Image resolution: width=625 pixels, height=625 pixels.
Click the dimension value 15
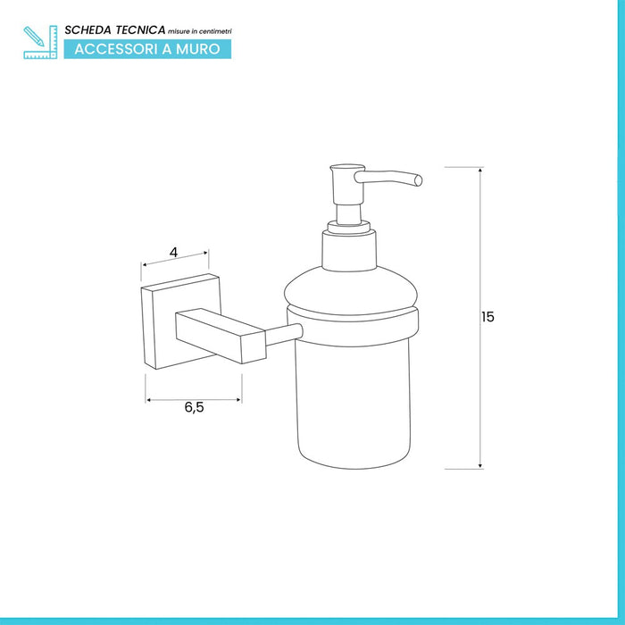(487, 317)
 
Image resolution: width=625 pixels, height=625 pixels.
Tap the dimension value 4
(173, 253)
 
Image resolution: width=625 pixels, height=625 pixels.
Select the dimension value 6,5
(194, 407)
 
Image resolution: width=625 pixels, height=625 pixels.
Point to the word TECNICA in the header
(140, 30)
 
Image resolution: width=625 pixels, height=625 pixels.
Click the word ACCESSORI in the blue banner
(116, 49)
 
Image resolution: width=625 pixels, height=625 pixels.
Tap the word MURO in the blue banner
(197, 49)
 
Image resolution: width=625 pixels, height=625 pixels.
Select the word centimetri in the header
(216, 31)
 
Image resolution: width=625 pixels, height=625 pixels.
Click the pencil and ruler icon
(40, 42)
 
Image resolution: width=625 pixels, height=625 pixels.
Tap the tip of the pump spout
(418, 180)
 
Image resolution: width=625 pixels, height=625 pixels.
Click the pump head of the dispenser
(347, 184)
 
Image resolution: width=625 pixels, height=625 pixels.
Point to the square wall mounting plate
(180, 321)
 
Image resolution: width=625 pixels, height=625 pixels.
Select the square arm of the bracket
(221, 336)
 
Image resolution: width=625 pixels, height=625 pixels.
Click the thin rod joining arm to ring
(284, 335)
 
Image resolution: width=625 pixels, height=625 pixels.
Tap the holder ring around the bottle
(353, 327)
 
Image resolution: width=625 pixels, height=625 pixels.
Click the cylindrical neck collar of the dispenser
(349, 250)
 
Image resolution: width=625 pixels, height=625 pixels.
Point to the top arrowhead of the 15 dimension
(480, 171)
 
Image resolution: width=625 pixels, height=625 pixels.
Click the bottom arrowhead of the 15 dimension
(480, 465)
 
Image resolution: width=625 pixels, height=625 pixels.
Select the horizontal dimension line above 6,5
(194, 400)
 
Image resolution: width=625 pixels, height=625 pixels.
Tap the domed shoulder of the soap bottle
(351, 290)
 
